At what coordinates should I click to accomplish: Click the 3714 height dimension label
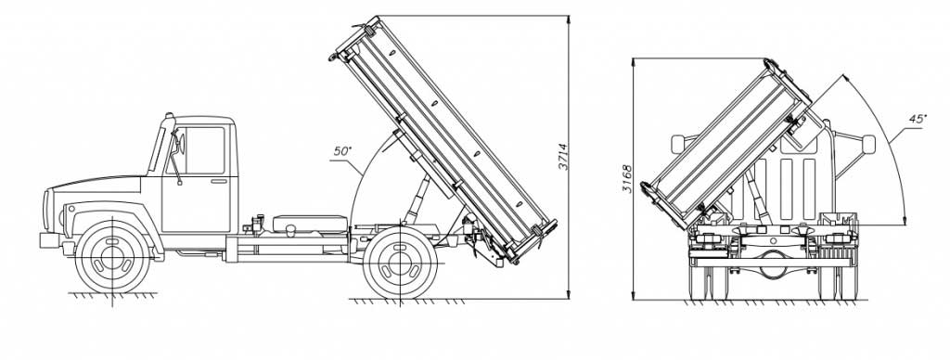[x=563, y=157]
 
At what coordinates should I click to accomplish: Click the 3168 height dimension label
[x=627, y=179]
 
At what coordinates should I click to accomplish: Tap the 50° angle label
[x=342, y=151]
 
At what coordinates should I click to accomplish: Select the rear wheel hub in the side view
[x=400, y=263]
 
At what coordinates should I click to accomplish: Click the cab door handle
[x=219, y=181]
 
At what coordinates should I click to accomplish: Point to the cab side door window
[x=203, y=150]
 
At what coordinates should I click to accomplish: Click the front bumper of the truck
[x=50, y=240]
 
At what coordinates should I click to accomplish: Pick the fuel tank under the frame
[x=310, y=224]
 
